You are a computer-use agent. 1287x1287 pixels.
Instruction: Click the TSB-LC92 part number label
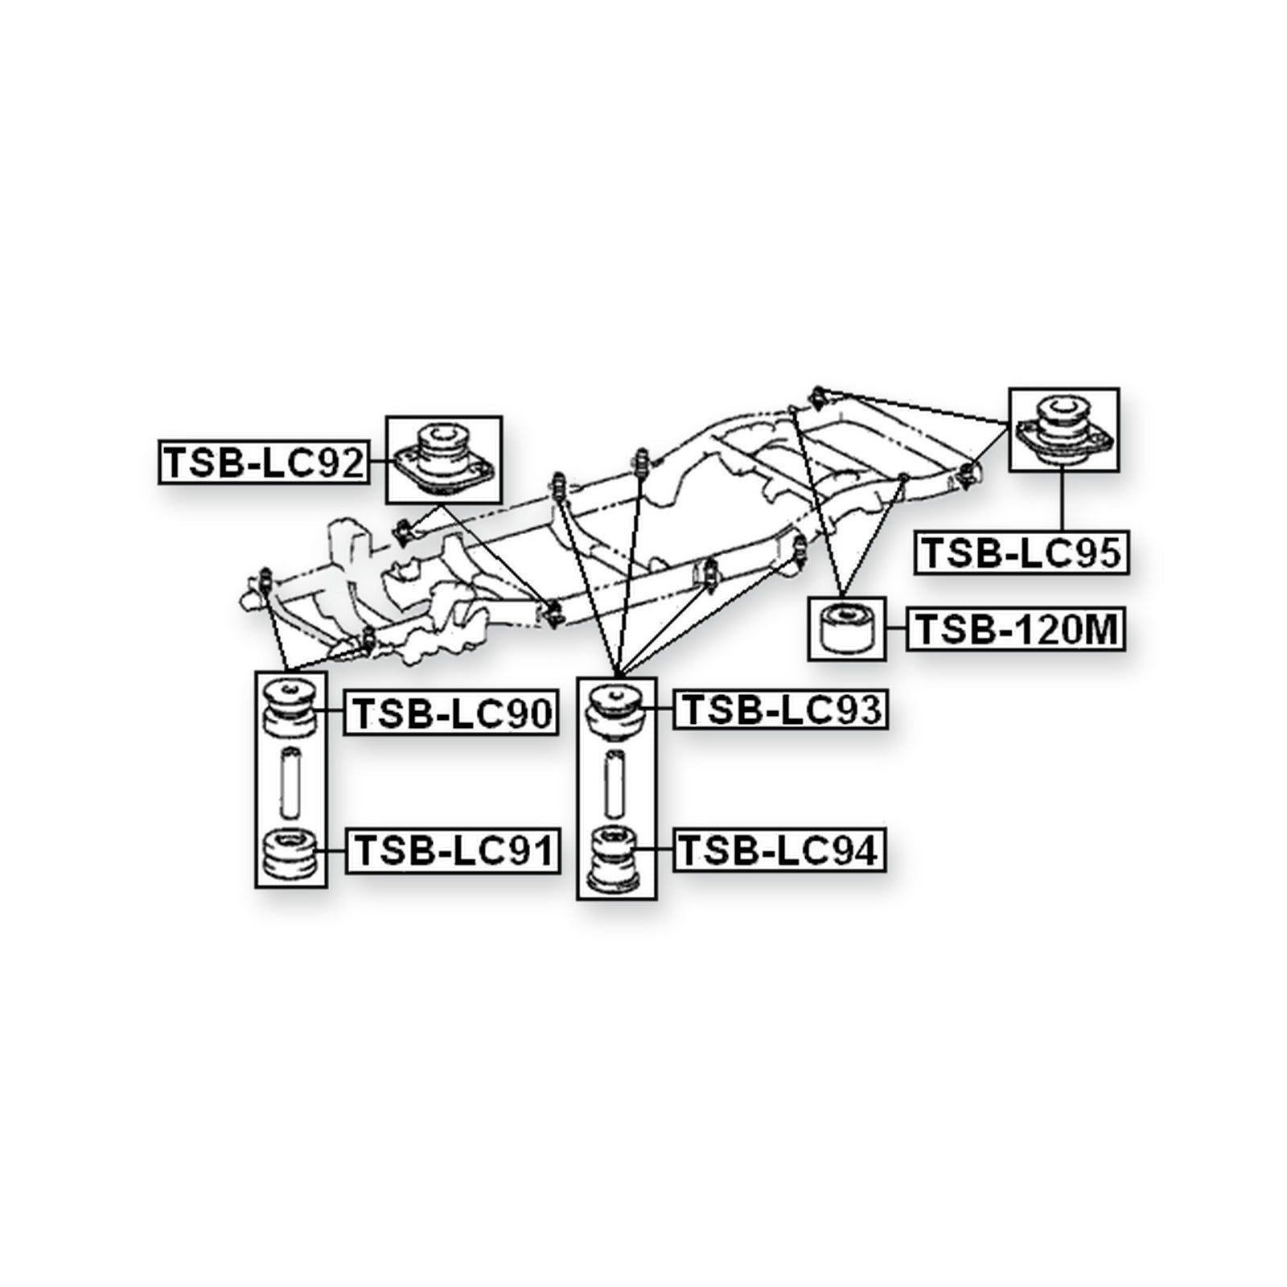pyautogui.click(x=263, y=462)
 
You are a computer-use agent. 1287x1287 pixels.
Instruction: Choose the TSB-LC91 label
pyautogui.click(x=452, y=850)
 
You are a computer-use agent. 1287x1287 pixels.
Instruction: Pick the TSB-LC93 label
pyautogui.click(x=781, y=709)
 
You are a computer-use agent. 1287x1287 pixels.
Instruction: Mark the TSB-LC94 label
pyautogui.click(x=779, y=849)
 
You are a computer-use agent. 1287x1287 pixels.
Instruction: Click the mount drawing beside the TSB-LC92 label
pyautogui.click(x=444, y=461)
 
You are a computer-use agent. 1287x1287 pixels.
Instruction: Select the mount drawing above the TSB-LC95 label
pyautogui.click(x=1064, y=430)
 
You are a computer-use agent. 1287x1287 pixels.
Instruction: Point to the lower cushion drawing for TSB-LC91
pyautogui.click(x=291, y=854)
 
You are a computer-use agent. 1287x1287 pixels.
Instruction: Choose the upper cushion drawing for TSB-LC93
pyautogui.click(x=616, y=710)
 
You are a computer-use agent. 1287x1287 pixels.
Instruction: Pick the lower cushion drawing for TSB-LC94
pyautogui.click(x=616, y=859)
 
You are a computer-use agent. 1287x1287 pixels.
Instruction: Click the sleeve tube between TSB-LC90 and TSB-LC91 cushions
pyautogui.click(x=291, y=781)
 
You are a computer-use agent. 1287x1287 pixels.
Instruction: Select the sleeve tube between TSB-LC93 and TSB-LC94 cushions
pyautogui.click(x=616, y=782)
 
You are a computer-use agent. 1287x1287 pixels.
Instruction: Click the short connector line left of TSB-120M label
pyautogui.click(x=897, y=629)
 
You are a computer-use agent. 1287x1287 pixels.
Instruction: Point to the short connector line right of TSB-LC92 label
pyautogui.click(x=377, y=461)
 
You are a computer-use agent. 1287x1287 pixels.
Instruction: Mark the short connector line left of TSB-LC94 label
pyautogui.click(x=654, y=849)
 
